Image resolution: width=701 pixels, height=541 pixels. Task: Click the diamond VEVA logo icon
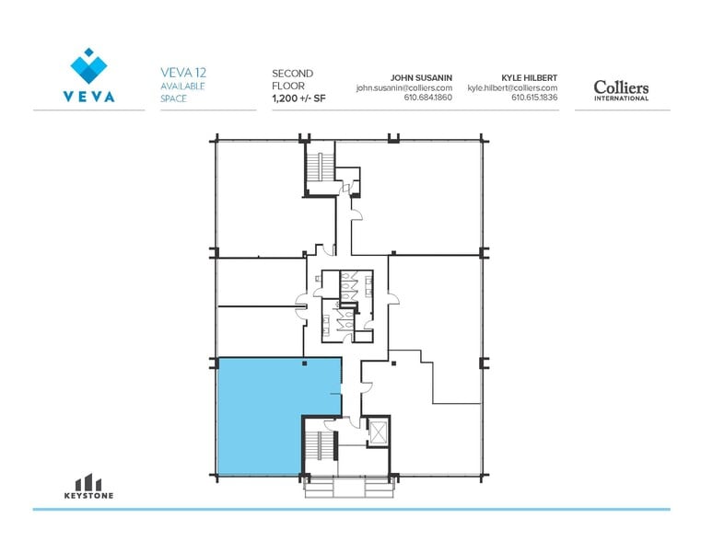tap(88, 66)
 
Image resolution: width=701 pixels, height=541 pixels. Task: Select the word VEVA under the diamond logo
tap(89, 97)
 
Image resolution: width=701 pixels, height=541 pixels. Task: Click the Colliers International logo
tap(621, 89)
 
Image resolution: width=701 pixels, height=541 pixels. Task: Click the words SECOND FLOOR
tap(293, 79)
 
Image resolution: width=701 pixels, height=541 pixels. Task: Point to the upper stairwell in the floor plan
tap(321, 167)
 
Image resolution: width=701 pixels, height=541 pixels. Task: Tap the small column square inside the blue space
tap(303, 363)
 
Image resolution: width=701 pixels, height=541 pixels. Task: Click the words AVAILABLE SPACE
tap(182, 91)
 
